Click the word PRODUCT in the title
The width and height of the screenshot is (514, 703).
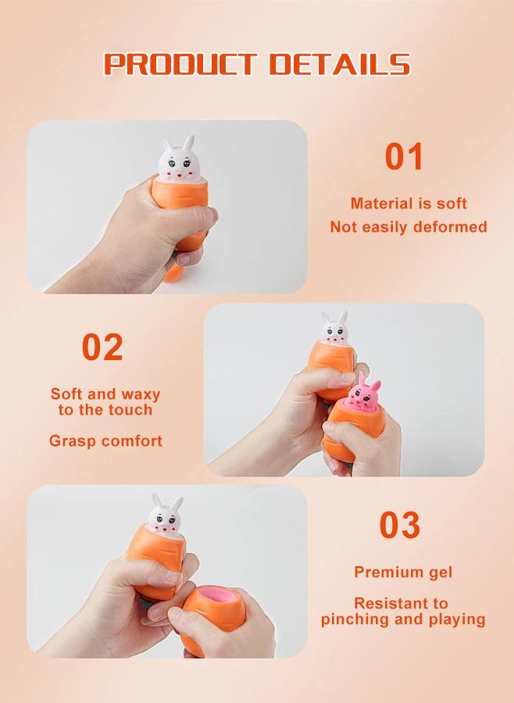coord(179,64)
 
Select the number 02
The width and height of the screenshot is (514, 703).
coord(102,348)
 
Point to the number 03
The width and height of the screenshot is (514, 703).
coord(399,526)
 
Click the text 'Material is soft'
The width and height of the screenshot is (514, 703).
coord(409,204)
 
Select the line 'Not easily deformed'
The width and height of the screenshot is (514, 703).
coord(409,227)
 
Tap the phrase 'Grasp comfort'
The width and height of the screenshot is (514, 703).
coord(106,441)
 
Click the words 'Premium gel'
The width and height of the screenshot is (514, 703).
coord(403,572)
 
